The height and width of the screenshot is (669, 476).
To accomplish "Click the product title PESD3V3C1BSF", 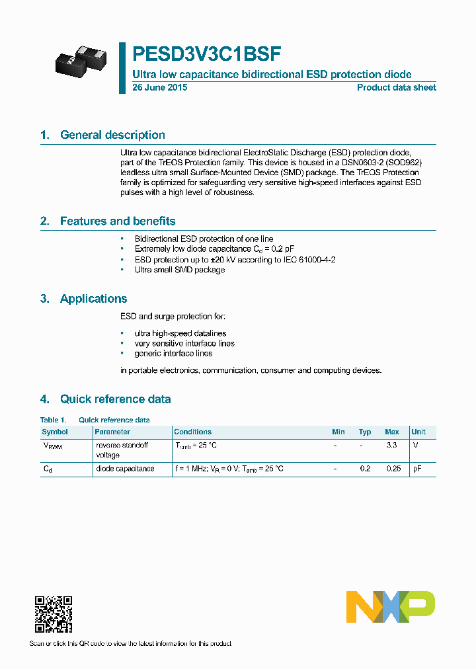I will (x=208, y=53).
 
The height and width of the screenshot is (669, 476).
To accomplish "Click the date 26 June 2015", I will (x=159, y=88).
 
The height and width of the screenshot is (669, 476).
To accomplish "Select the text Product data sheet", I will (x=396, y=88).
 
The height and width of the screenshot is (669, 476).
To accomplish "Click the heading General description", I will (x=112, y=135).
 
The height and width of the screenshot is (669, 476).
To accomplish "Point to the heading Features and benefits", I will (x=118, y=221).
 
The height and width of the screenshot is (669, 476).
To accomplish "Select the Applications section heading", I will (x=93, y=299).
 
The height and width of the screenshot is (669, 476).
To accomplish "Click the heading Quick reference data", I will (x=115, y=399).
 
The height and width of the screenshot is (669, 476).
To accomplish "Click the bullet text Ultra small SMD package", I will (x=179, y=270).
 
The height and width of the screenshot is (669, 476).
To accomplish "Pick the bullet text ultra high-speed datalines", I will (x=180, y=333).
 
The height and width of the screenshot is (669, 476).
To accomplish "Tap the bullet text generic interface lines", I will (x=173, y=354).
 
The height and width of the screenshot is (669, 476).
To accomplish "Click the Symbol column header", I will (x=55, y=432).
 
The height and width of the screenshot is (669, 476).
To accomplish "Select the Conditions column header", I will (x=192, y=432).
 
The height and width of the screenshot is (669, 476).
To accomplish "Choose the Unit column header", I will (x=418, y=432).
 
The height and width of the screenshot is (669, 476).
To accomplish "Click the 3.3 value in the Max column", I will (x=391, y=446).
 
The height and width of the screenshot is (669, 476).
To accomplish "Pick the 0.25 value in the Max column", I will (x=393, y=469).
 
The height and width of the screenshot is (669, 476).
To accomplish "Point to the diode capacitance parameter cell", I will (x=125, y=469).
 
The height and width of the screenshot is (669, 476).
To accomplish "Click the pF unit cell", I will (x=416, y=469).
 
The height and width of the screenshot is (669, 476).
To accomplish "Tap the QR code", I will (x=53, y=614).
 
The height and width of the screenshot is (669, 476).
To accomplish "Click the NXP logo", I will (x=390, y=607).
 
